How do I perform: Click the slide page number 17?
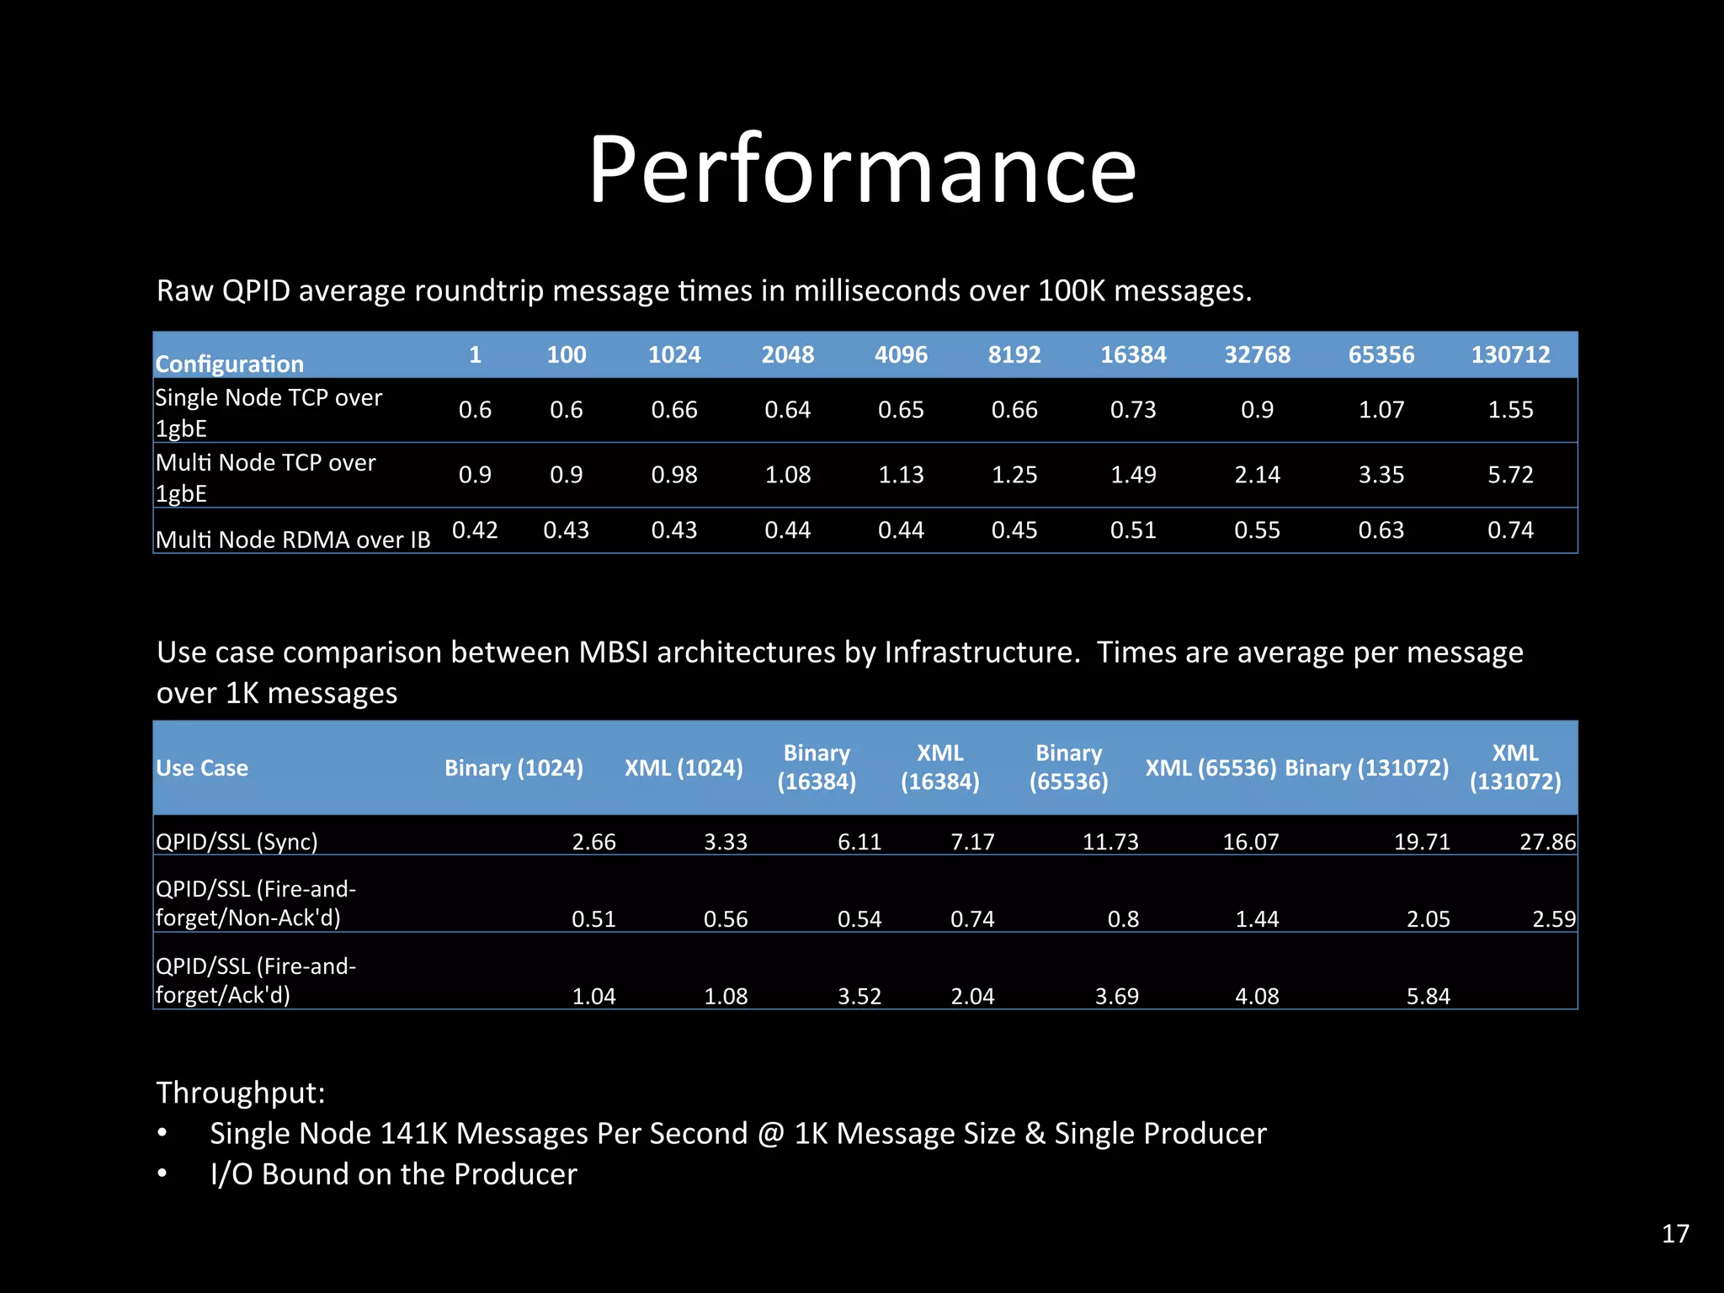coord(1675,1233)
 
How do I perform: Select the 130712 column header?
coord(1510,354)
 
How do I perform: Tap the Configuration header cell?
coord(229,364)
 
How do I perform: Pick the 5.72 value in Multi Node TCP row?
coord(1510,475)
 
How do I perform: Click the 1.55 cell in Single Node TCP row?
coord(1510,410)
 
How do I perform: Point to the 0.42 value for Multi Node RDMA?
coord(475,530)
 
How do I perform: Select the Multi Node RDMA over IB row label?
coord(293,540)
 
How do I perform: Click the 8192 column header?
coord(1014,354)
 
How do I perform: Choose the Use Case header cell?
coord(202,768)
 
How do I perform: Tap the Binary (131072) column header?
coord(1367,768)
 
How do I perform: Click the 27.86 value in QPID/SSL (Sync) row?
coord(1547,842)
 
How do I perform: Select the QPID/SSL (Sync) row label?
coord(237,842)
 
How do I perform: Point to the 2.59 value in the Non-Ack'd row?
coord(1554,919)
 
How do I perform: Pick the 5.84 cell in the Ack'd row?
coord(1429,997)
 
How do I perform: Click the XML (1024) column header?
coord(684,768)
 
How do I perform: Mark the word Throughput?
coord(241,1093)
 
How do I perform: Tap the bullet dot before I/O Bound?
coord(162,1173)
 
